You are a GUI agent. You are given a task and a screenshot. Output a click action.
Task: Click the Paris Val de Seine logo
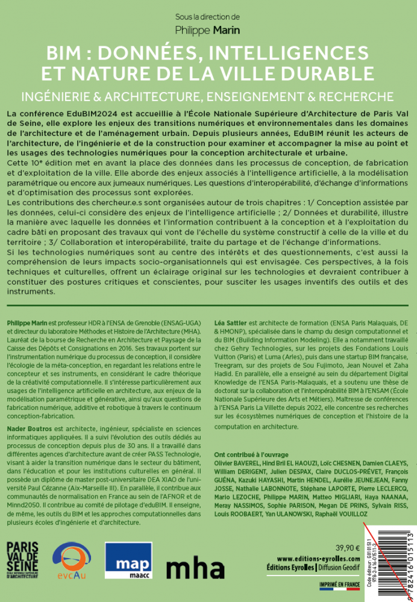22,560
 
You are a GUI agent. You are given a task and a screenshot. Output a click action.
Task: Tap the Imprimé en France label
339,584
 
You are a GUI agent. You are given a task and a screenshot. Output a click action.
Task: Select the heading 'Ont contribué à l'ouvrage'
251,454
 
